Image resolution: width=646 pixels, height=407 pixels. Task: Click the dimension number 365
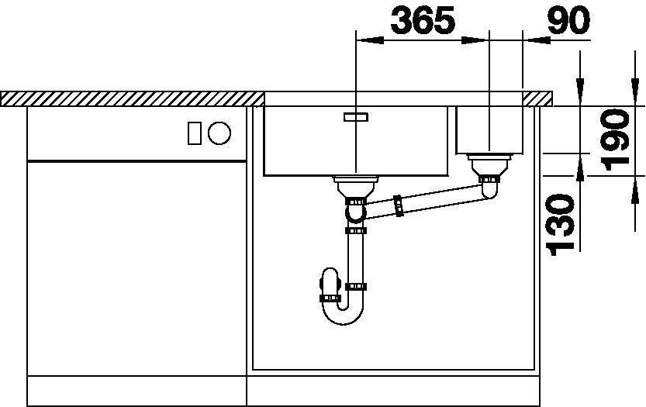coord(423,20)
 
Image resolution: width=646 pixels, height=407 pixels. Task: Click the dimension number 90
coord(568,20)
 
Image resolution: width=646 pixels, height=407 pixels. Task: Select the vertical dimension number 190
coord(616,140)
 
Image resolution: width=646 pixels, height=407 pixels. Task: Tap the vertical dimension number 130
coord(560,225)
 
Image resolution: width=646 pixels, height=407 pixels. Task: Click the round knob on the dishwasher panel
coord(219,133)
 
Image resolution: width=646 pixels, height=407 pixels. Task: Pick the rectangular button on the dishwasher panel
coord(195,133)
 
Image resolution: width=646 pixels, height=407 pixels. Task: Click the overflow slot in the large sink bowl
coord(355,117)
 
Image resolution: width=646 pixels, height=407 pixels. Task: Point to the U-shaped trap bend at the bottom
coord(343,313)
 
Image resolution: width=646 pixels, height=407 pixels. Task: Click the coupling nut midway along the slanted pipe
coord(398,205)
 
